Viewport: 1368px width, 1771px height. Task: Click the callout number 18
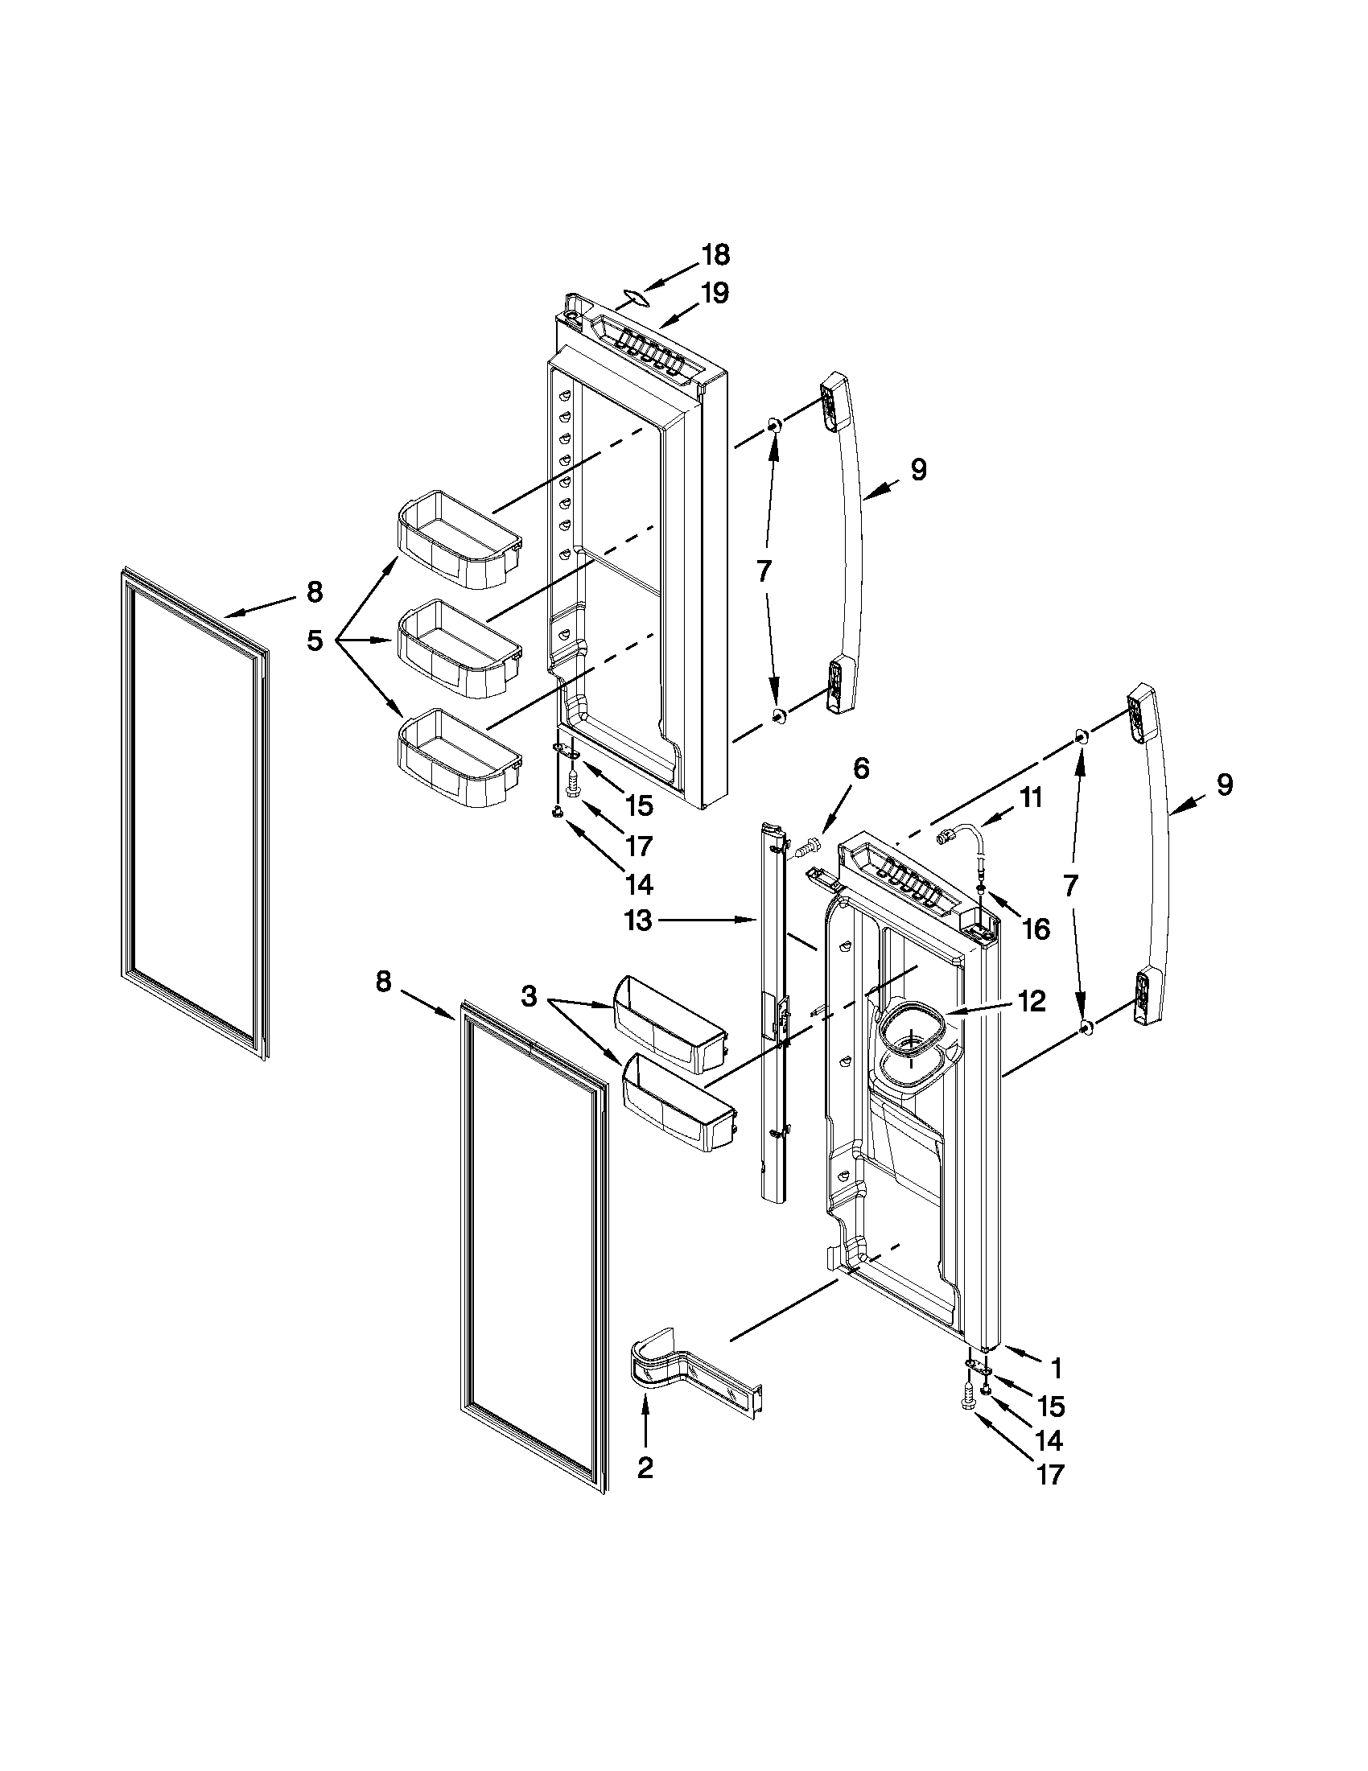click(715, 254)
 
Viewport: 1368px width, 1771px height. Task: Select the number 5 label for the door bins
click(315, 640)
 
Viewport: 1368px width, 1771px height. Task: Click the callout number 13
click(638, 921)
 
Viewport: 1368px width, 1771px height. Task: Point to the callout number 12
click(1032, 1002)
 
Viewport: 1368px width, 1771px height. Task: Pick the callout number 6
click(860, 768)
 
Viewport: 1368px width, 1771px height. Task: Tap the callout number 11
click(1030, 797)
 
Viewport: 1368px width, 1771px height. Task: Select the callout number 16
click(1036, 929)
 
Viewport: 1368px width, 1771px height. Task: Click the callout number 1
click(1056, 1369)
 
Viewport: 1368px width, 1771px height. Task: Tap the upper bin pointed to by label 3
click(669, 1014)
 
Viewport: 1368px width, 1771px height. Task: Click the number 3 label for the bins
click(529, 997)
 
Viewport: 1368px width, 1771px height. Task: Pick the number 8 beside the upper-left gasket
click(315, 592)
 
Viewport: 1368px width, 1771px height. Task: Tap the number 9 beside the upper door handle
click(918, 470)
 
